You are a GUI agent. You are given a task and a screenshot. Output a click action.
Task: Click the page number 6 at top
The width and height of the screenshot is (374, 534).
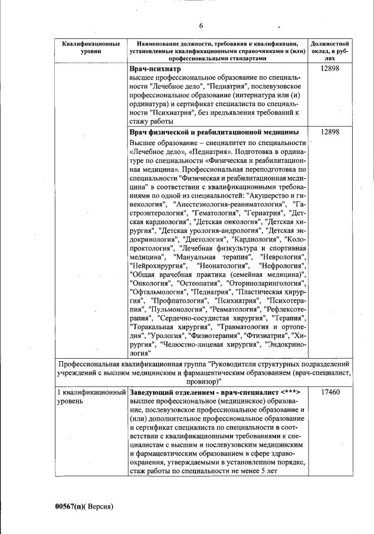click(201, 25)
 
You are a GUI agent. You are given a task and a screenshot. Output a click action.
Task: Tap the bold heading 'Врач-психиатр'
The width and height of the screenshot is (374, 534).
click(154, 69)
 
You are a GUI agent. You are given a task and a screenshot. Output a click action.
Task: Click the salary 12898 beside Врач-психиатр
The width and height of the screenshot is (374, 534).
click(330, 69)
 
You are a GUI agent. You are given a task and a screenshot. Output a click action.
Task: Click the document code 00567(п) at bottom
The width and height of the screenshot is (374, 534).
click(80, 506)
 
